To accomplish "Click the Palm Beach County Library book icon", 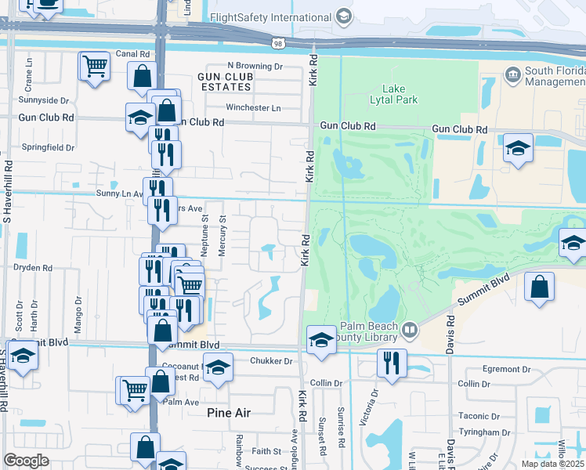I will pos(409,331).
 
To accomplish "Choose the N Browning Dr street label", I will pos(255,67).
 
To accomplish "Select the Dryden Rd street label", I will pos(33,267).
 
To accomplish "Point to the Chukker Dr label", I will pos(271,361).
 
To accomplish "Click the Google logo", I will pos(26,461).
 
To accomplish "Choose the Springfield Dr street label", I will pos(48,146).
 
